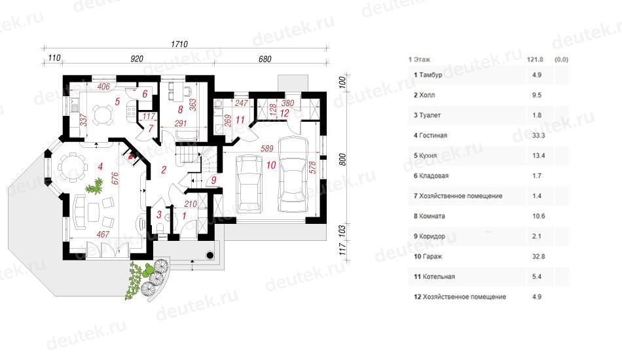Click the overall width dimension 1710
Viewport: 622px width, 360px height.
(179, 44)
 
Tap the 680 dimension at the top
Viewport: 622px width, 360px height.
(265, 59)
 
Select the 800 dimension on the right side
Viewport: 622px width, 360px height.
(342, 160)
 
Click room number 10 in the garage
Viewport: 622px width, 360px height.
(271, 165)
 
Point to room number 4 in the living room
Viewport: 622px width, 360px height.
(100, 166)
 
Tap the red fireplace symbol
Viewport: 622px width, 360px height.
(130, 156)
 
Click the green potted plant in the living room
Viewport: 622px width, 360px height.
(95, 186)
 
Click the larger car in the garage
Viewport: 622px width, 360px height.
(293, 175)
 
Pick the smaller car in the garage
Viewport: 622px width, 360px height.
(249, 183)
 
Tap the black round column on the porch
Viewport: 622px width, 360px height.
(210, 255)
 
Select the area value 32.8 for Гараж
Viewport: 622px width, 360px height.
(538, 257)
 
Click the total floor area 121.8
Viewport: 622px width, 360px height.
(535, 60)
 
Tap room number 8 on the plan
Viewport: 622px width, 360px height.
(181, 109)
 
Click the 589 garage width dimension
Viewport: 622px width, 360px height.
(267, 149)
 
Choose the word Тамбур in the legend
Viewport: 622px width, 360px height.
(430, 75)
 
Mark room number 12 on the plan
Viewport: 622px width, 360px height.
(284, 113)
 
